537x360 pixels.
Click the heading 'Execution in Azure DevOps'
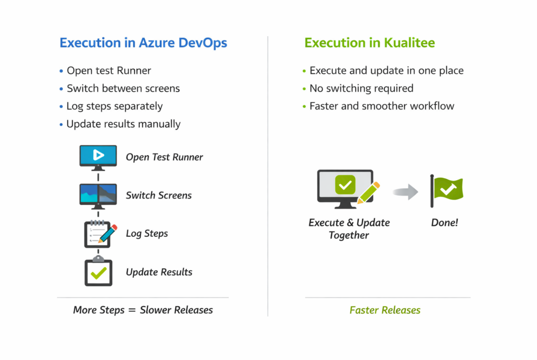[x=143, y=43]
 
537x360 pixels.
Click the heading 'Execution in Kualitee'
[x=370, y=43]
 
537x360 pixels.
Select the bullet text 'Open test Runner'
[x=109, y=71]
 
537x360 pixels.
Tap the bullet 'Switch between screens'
[x=123, y=88]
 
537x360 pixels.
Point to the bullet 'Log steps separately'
[x=115, y=106]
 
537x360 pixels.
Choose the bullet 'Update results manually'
[x=124, y=124]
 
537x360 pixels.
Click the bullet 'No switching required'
[x=361, y=89]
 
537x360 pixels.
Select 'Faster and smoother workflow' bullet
[x=382, y=106]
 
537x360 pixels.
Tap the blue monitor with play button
[x=98, y=157]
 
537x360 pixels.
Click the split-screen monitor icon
[x=98, y=196]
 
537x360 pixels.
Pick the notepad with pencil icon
[x=100, y=234]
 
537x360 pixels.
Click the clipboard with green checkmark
[x=99, y=271]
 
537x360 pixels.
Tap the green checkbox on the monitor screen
[x=345, y=185]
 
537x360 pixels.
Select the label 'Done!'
[x=445, y=223]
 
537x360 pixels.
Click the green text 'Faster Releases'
[x=385, y=310]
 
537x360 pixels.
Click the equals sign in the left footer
[x=132, y=310]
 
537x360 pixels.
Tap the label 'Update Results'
[x=159, y=272]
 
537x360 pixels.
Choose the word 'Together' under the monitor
[x=349, y=235]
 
